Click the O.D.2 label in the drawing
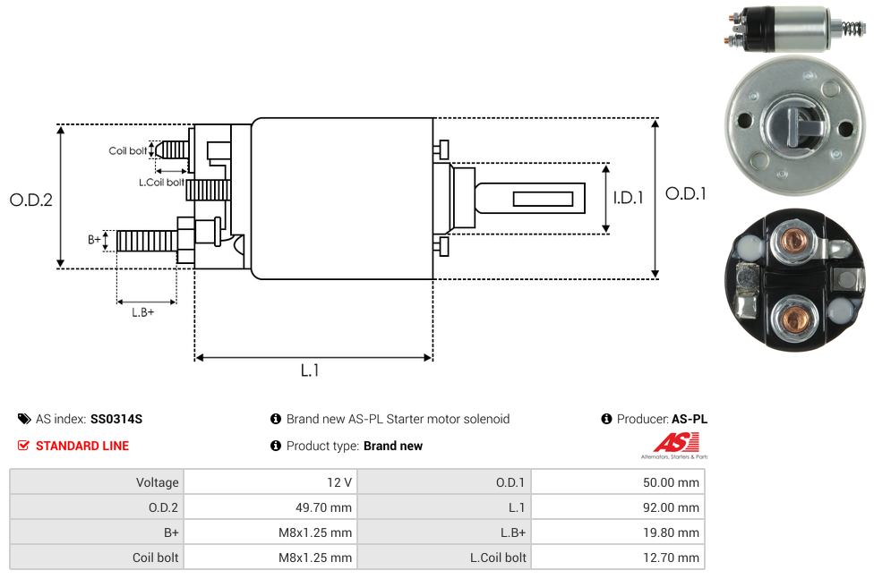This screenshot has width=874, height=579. pos(31,200)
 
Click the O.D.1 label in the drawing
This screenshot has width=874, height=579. pos(686,193)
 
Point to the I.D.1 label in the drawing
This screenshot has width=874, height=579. pos(628,199)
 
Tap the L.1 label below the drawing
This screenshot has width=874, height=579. pos(310,370)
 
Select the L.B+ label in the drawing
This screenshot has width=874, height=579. pos(143,312)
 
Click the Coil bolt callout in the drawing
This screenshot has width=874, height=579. pos(128,150)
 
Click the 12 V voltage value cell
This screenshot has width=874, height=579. pos(339,482)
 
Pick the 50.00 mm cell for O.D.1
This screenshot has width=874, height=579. pos(671,482)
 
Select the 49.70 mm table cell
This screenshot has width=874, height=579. pos(323,507)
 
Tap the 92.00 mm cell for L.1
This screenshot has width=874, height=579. pos(671,507)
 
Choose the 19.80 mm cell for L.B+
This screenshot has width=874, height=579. pos(671,532)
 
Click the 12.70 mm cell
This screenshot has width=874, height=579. pos(671,558)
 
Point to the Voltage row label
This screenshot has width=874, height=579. pos(157,482)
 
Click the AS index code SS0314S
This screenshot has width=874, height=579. pos(116,419)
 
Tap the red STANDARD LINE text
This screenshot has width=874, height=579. pos(82,446)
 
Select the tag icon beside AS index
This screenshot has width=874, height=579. pos(24,419)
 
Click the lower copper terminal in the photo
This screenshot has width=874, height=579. pos(793,318)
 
